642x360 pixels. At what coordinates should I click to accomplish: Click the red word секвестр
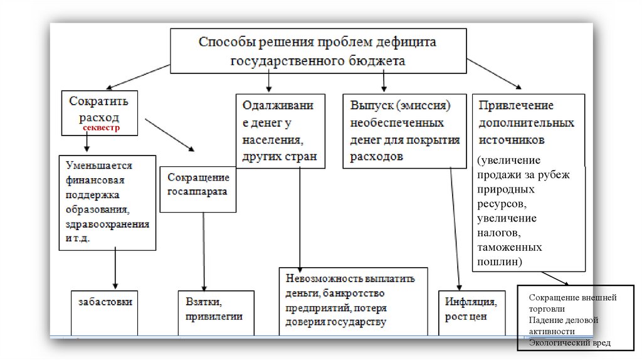[103, 127]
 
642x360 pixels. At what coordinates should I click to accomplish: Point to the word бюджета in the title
[377, 61]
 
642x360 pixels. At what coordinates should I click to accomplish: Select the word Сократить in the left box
[98, 101]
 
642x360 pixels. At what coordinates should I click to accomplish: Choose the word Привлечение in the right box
[516, 105]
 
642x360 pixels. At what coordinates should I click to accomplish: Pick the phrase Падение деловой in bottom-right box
[563, 320]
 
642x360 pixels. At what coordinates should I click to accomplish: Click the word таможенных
[508, 247]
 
